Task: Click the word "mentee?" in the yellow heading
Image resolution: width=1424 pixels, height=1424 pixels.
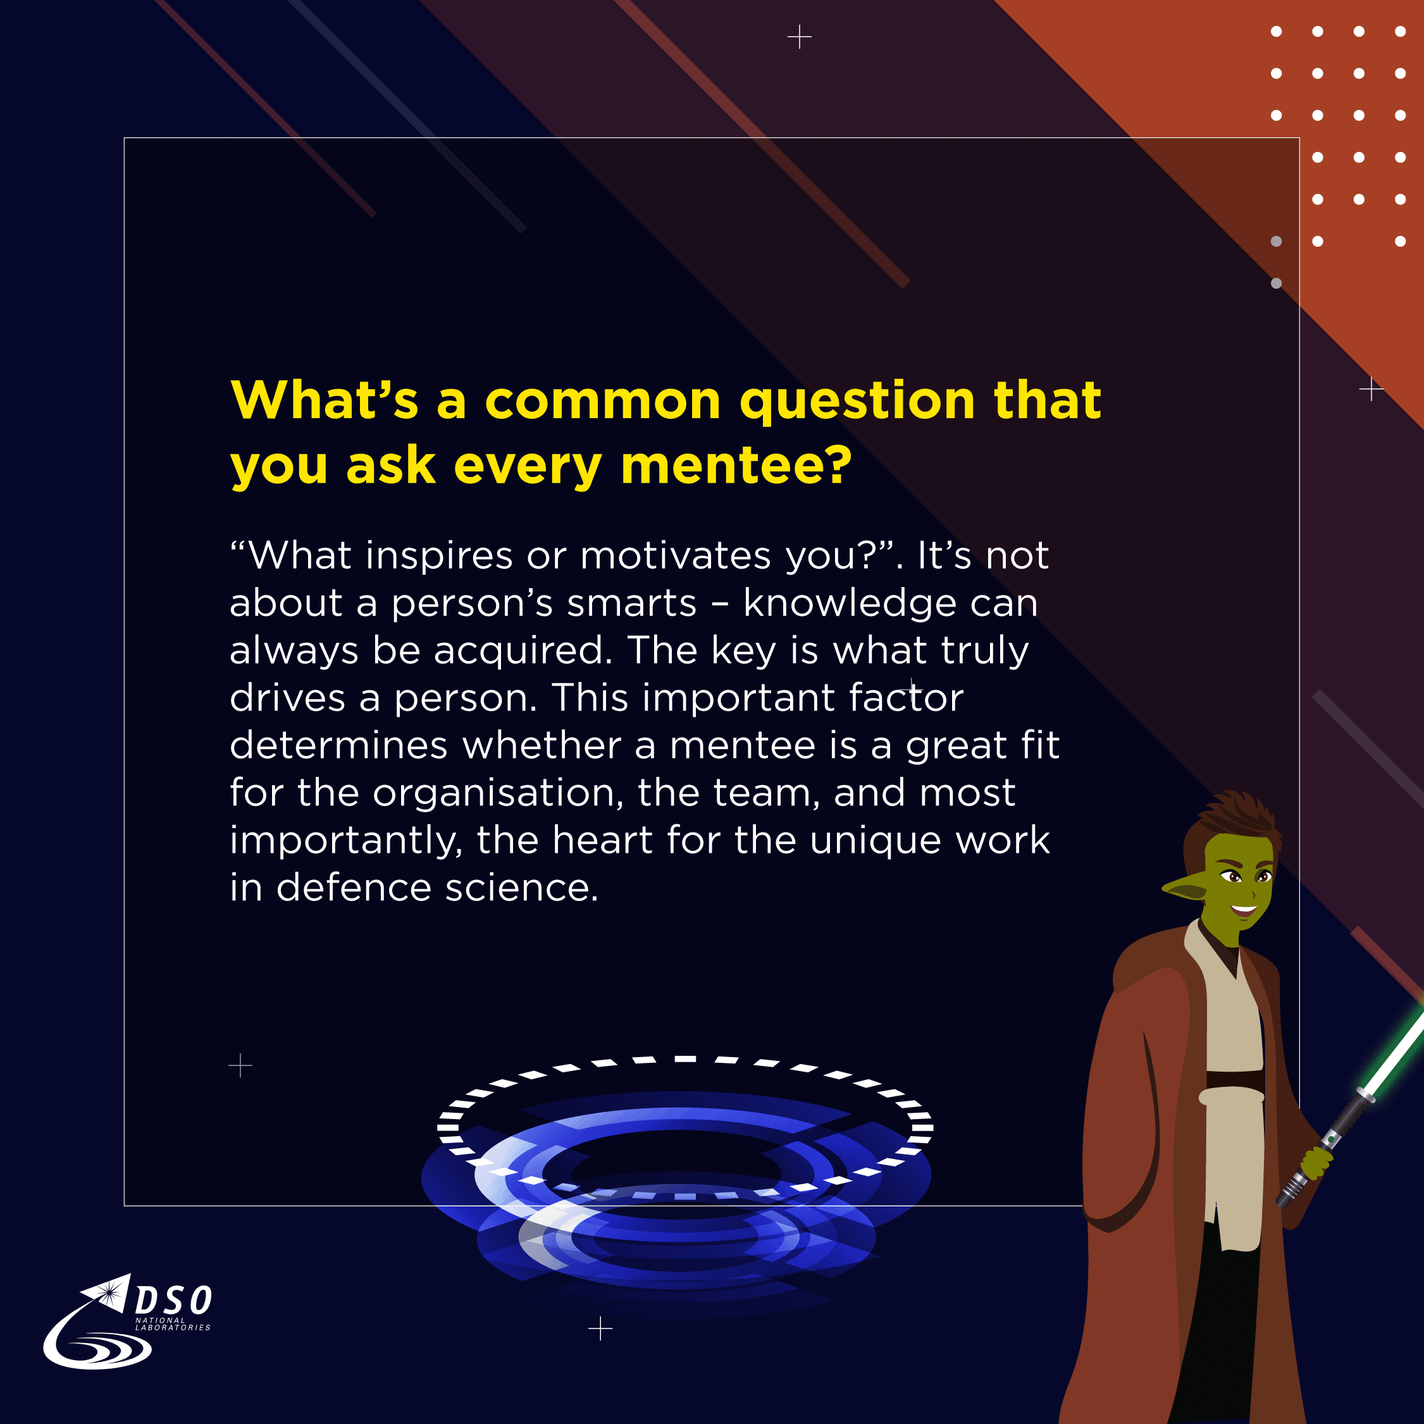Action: coord(736,466)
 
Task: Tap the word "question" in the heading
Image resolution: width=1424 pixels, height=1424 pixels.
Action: coord(858,402)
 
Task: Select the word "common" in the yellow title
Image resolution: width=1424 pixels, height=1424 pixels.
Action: coord(602,401)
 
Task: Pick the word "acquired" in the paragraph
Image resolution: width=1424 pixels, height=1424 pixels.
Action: coord(523,652)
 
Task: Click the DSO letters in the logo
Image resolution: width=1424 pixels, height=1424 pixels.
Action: coord(174,1300)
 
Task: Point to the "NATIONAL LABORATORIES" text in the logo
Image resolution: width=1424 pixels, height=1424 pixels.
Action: coord(173,1325)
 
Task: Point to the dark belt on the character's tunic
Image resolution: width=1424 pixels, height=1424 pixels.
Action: coord(1235,1080)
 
